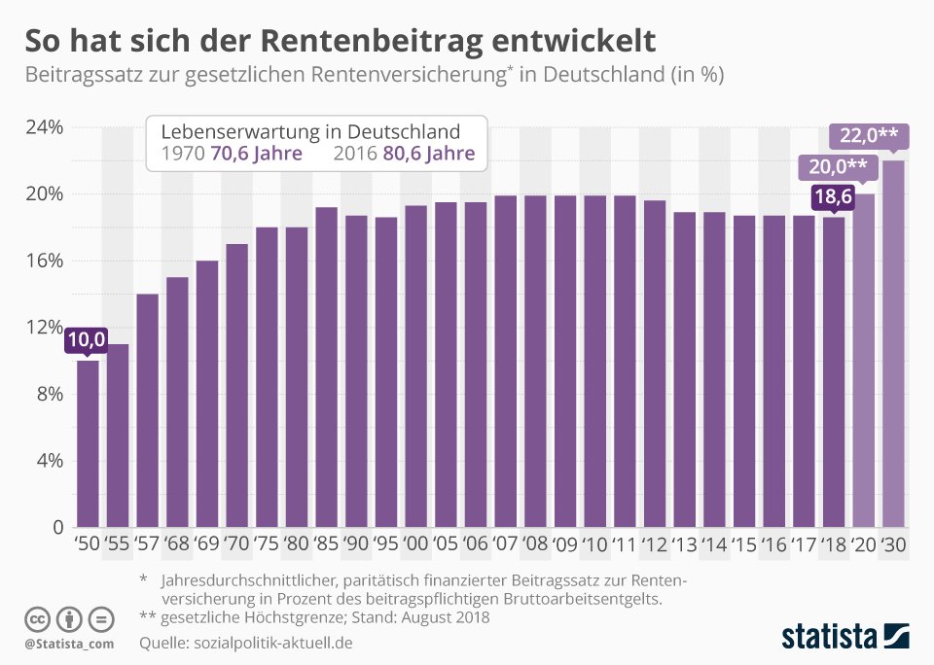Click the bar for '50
click(89, 443)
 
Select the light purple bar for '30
click(893, 343)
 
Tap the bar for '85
click(327, 367)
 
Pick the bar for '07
click(506, 362)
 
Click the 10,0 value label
click(87, 340)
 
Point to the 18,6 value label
click(833, 195)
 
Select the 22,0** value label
click(869, 136)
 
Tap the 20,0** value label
click(838, 166)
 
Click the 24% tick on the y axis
click(44, 127)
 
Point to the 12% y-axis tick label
click(44, 328)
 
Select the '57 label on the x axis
click(147, 543)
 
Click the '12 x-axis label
click(654, 543)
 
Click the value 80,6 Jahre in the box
click(429, 154)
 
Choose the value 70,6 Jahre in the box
click(257, 154)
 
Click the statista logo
click(845, 636)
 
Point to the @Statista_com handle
click(69, 644)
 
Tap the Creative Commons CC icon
click(37, 619)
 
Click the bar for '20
click(864, 360)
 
